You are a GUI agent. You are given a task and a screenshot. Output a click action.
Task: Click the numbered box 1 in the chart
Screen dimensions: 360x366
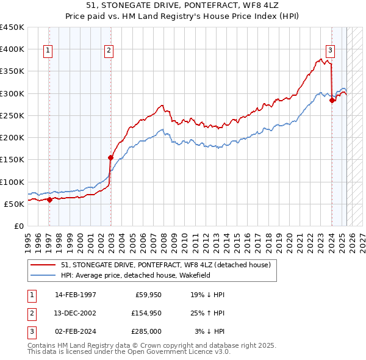(48, 51)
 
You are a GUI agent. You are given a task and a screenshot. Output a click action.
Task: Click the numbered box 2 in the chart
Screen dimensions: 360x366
(109, 51)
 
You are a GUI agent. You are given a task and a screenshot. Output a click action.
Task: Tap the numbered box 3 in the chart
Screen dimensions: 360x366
(330, 51)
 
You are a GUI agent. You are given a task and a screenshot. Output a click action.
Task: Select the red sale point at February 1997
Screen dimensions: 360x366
(49, 200)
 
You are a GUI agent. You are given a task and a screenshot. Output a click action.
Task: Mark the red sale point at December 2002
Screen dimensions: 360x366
(111, 157)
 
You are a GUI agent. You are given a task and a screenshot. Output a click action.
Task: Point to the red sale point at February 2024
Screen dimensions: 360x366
(332, 101)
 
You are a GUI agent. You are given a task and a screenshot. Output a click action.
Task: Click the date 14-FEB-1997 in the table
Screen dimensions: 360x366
(75, 295)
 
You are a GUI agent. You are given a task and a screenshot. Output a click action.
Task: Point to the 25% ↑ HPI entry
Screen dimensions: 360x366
(208, 313)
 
